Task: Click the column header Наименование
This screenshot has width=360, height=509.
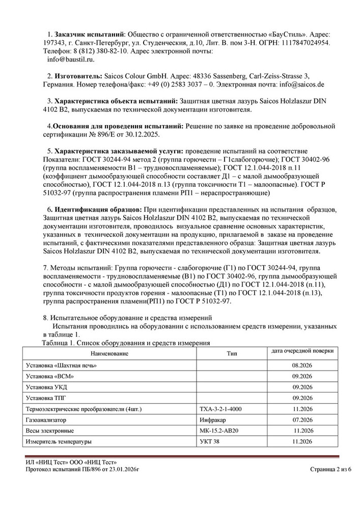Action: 110,353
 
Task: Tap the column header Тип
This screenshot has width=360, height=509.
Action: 232,353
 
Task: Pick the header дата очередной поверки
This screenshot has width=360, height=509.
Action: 302,351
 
